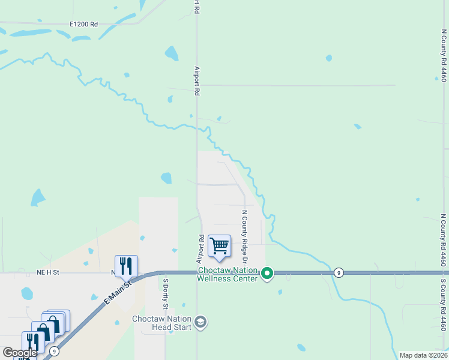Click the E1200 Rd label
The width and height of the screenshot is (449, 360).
[x=83, y=24]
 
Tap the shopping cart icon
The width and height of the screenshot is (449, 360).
[x=219, y=245]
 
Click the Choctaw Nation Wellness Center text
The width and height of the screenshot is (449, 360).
[x=228, y=274]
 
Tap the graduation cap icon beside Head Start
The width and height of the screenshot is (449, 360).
[x=200, y=323]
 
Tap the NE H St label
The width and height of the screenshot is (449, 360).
[x=48, y=272]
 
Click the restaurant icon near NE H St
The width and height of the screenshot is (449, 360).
[x=126, y=265]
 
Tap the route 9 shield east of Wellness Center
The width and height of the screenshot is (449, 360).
[x=339, y=273]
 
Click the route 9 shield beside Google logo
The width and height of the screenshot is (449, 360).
[x=55, y=351]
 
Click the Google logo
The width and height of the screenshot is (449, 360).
[x=20, y=353]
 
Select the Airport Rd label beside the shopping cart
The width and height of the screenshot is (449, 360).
[x=201, y=249]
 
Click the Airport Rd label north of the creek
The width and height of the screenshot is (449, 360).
[x=196, y=81]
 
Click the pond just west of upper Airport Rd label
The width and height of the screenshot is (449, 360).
[x=172, y=54]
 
